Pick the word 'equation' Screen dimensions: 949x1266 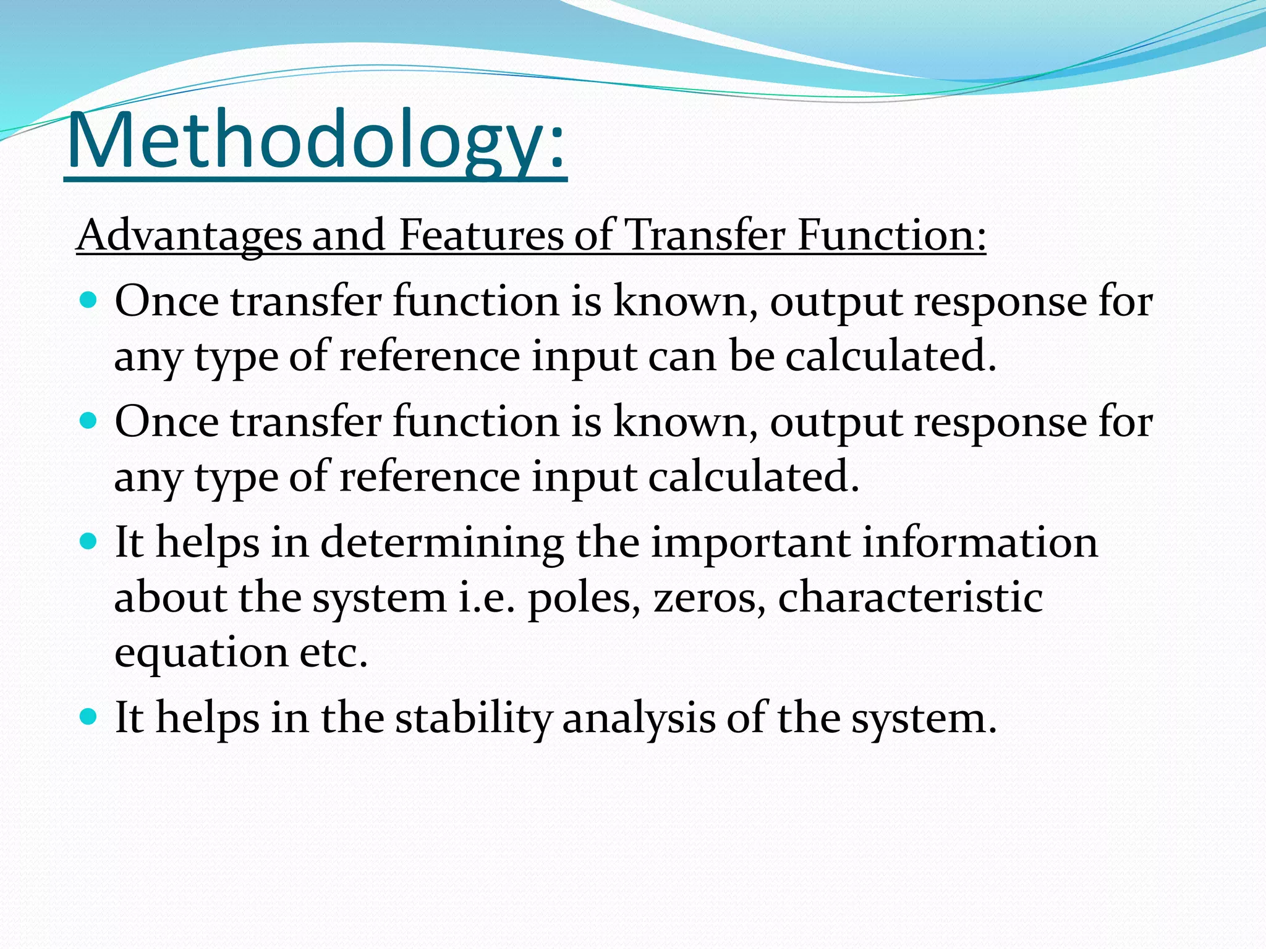(202, 654)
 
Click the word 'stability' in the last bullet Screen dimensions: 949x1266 (474, 718)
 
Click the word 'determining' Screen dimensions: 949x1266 (441, 542)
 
